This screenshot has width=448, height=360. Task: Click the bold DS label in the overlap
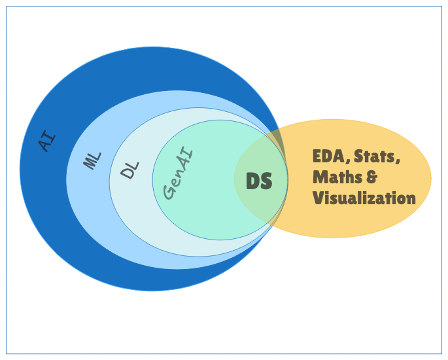coord(258,181)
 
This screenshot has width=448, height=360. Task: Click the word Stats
coord(374,156)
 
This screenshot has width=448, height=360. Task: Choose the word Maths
coord(337,177)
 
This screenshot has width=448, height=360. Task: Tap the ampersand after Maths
coord(372,177)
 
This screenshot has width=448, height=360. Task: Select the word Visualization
coord(364,198)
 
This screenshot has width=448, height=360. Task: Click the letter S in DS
coord(266,181)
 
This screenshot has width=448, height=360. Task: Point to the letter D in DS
coord(252,181)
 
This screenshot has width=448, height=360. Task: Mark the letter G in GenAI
coord(169,192)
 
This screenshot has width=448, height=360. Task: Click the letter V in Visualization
coord(318,198)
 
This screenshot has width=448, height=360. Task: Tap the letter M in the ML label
coord(90,163)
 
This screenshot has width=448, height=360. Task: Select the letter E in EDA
coord(318,156)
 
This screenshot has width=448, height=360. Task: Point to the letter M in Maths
coord(320,177)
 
